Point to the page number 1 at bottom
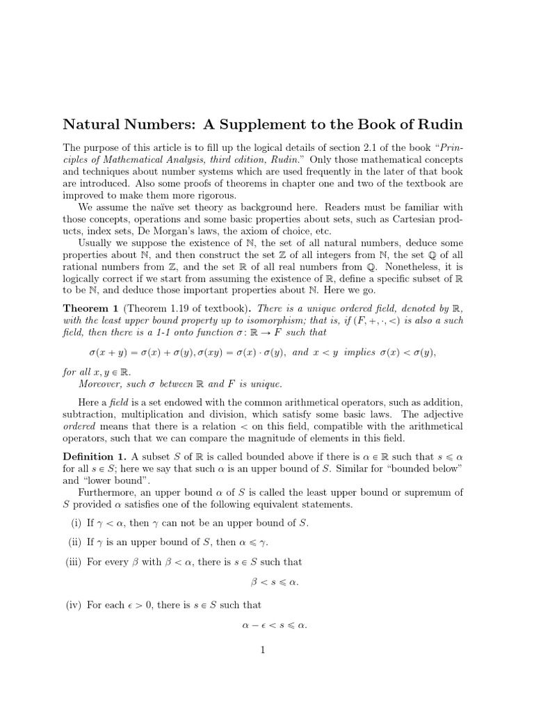pos(263,651)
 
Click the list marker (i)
pos(75,523)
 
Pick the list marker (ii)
pos(74,542)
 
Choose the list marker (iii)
pos(72,562)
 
